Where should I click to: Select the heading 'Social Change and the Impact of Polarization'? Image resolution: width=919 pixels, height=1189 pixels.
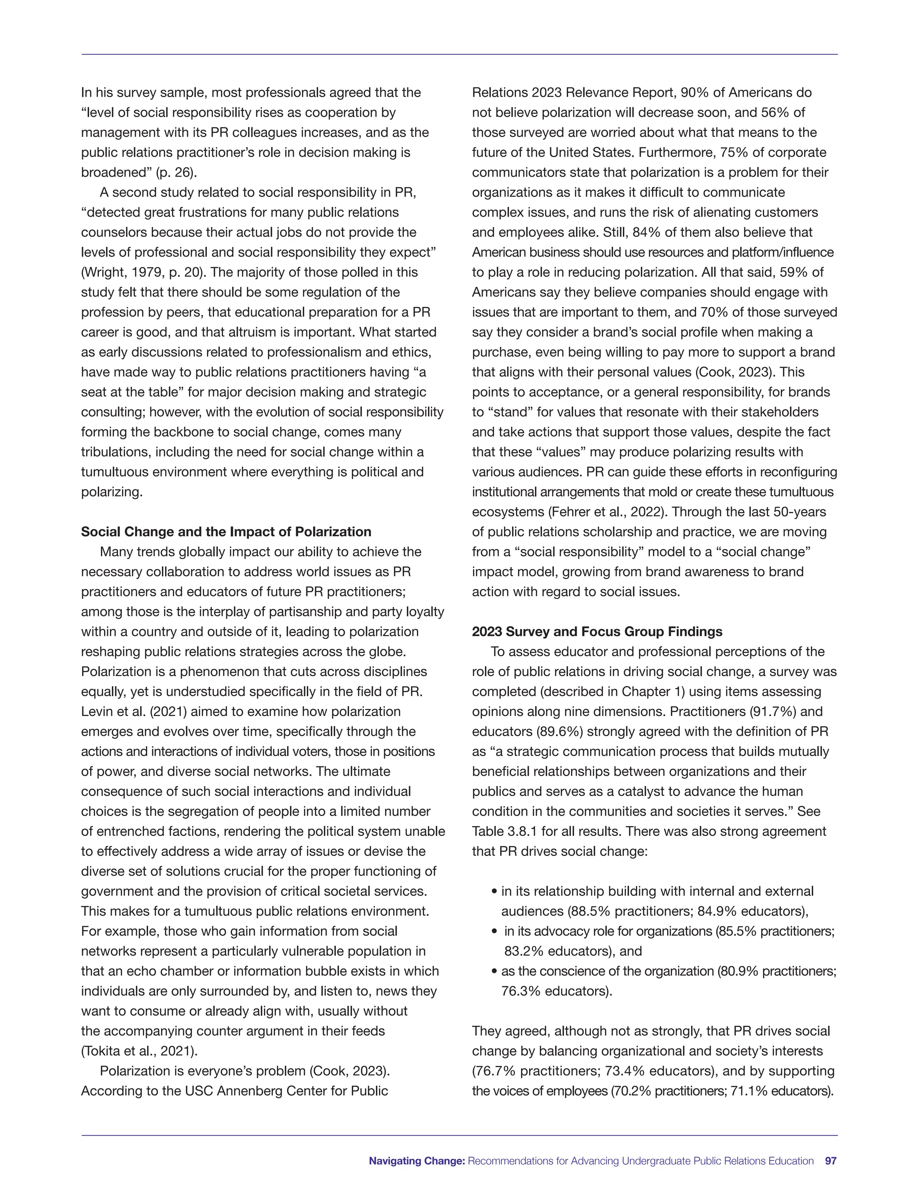pos(226,532)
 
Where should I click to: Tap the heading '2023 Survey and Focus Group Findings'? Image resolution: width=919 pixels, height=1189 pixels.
pos(597,632)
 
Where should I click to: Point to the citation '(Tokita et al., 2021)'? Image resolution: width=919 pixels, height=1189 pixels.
pos(139,1051)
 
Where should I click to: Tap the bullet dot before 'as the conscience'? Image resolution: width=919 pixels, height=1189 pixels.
pos(494,972)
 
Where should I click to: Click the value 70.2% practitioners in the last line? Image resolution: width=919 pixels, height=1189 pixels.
pos(631,1091)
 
